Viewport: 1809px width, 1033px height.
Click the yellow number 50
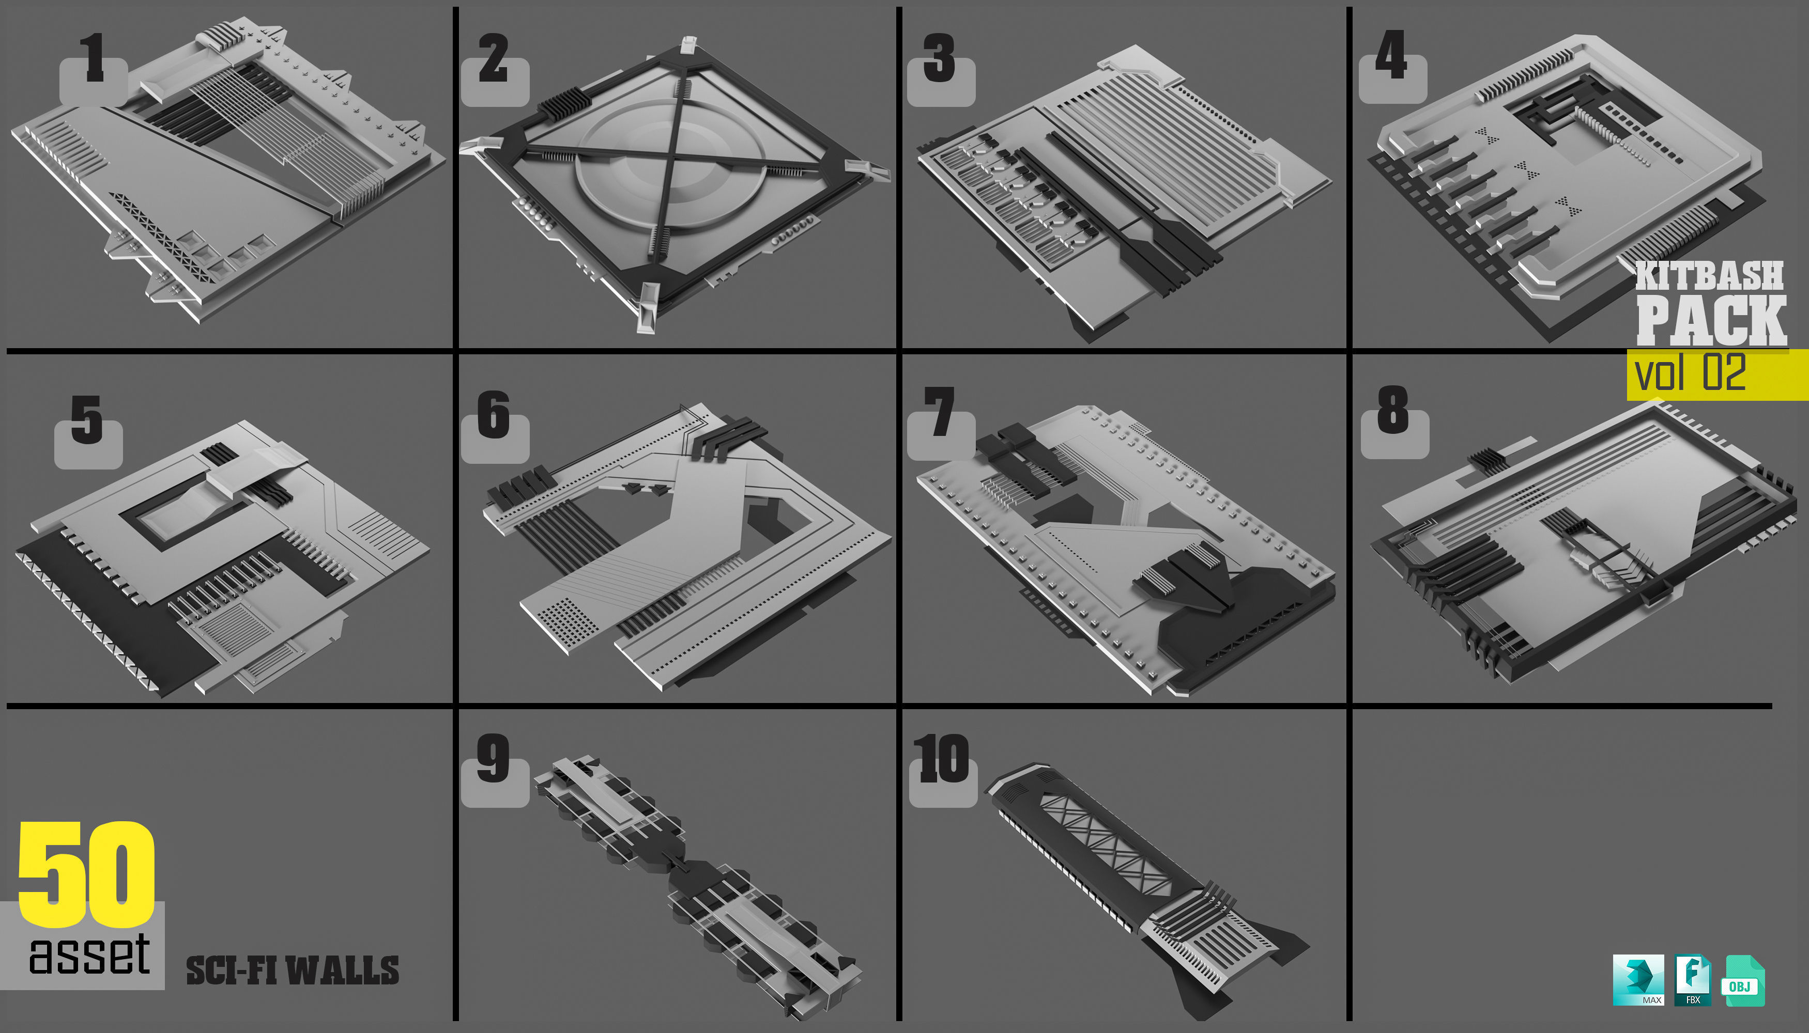[x=87, y=874]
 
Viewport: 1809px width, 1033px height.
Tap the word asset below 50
[x=89, y=954]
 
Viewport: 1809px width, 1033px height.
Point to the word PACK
[x=1711, y=321]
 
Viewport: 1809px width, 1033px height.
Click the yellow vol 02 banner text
[x=1690, y=373]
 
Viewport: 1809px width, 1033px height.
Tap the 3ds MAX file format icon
[x=1638, y=980]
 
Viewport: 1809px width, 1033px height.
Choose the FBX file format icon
[x=1693, y=980]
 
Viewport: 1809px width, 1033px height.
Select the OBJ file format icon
[x=1742, y=981]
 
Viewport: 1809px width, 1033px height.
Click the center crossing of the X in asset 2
[x=669, y=165]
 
